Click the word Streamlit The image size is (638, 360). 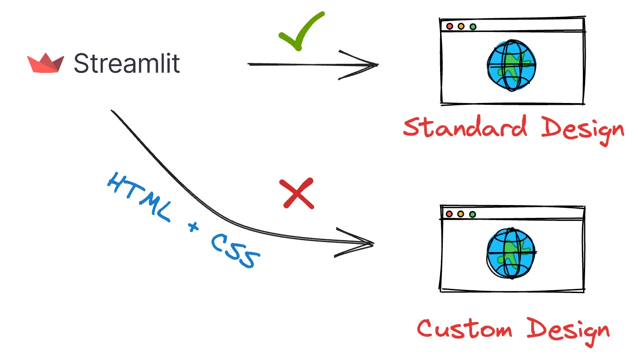tap(127, 63)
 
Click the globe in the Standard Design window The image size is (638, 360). tap(511, 65)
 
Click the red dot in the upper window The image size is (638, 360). tap(450, 26)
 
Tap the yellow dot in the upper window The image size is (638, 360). tap(461, 26)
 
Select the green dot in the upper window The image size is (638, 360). tap(472, 26)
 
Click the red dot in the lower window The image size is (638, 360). tap(449, 214)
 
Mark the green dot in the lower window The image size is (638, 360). tap(472, 214)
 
